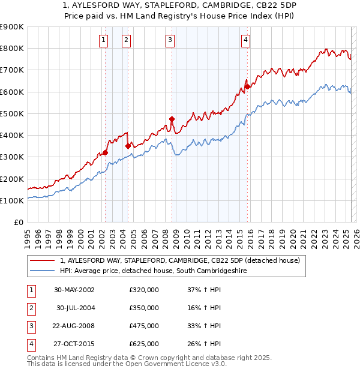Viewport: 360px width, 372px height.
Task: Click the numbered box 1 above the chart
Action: click(104, 40)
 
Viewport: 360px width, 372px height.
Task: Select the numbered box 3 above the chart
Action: click(170, 40)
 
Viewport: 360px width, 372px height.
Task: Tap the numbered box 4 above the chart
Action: click(246, 40)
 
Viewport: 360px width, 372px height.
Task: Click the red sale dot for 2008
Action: click(172, 119)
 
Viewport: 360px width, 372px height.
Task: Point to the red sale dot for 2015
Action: click(247, 86)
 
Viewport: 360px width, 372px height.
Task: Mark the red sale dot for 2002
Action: click(105, 152)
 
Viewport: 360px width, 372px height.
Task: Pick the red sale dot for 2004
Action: click(128, 146)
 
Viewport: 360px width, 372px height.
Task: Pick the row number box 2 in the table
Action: click(31, 307)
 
